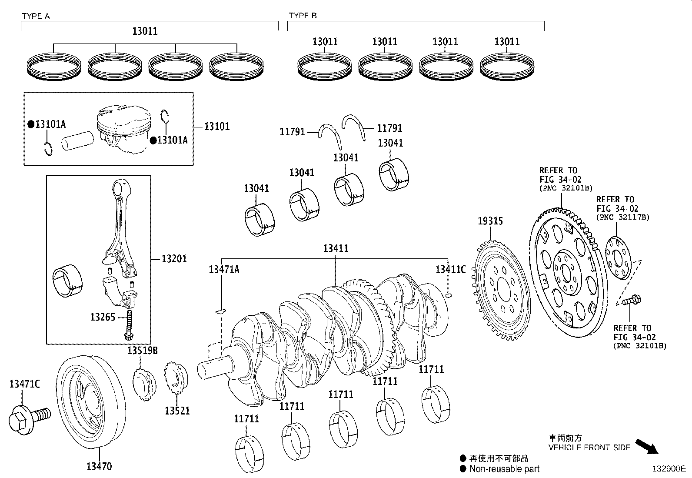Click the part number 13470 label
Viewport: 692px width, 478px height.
pos(99,467)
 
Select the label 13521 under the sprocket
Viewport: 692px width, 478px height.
pos(177,410)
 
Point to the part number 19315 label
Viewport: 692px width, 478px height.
pos(490,221)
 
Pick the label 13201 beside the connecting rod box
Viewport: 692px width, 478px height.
pos(174,259)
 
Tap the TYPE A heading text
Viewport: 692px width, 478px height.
pos(36,16)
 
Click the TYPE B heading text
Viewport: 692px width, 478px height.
pos(303,16)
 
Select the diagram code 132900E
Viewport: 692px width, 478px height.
pos(668,469)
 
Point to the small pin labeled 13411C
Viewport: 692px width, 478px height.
pos(449,296)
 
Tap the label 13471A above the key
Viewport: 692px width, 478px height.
pos(224,270)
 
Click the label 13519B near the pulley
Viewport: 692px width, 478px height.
pos(142,351)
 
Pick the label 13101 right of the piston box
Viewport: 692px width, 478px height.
pos(217,127)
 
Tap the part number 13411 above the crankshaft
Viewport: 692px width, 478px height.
pos(336,248)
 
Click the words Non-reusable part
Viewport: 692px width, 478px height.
pos(504,469)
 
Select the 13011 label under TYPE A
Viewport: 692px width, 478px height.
pos(145,31)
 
